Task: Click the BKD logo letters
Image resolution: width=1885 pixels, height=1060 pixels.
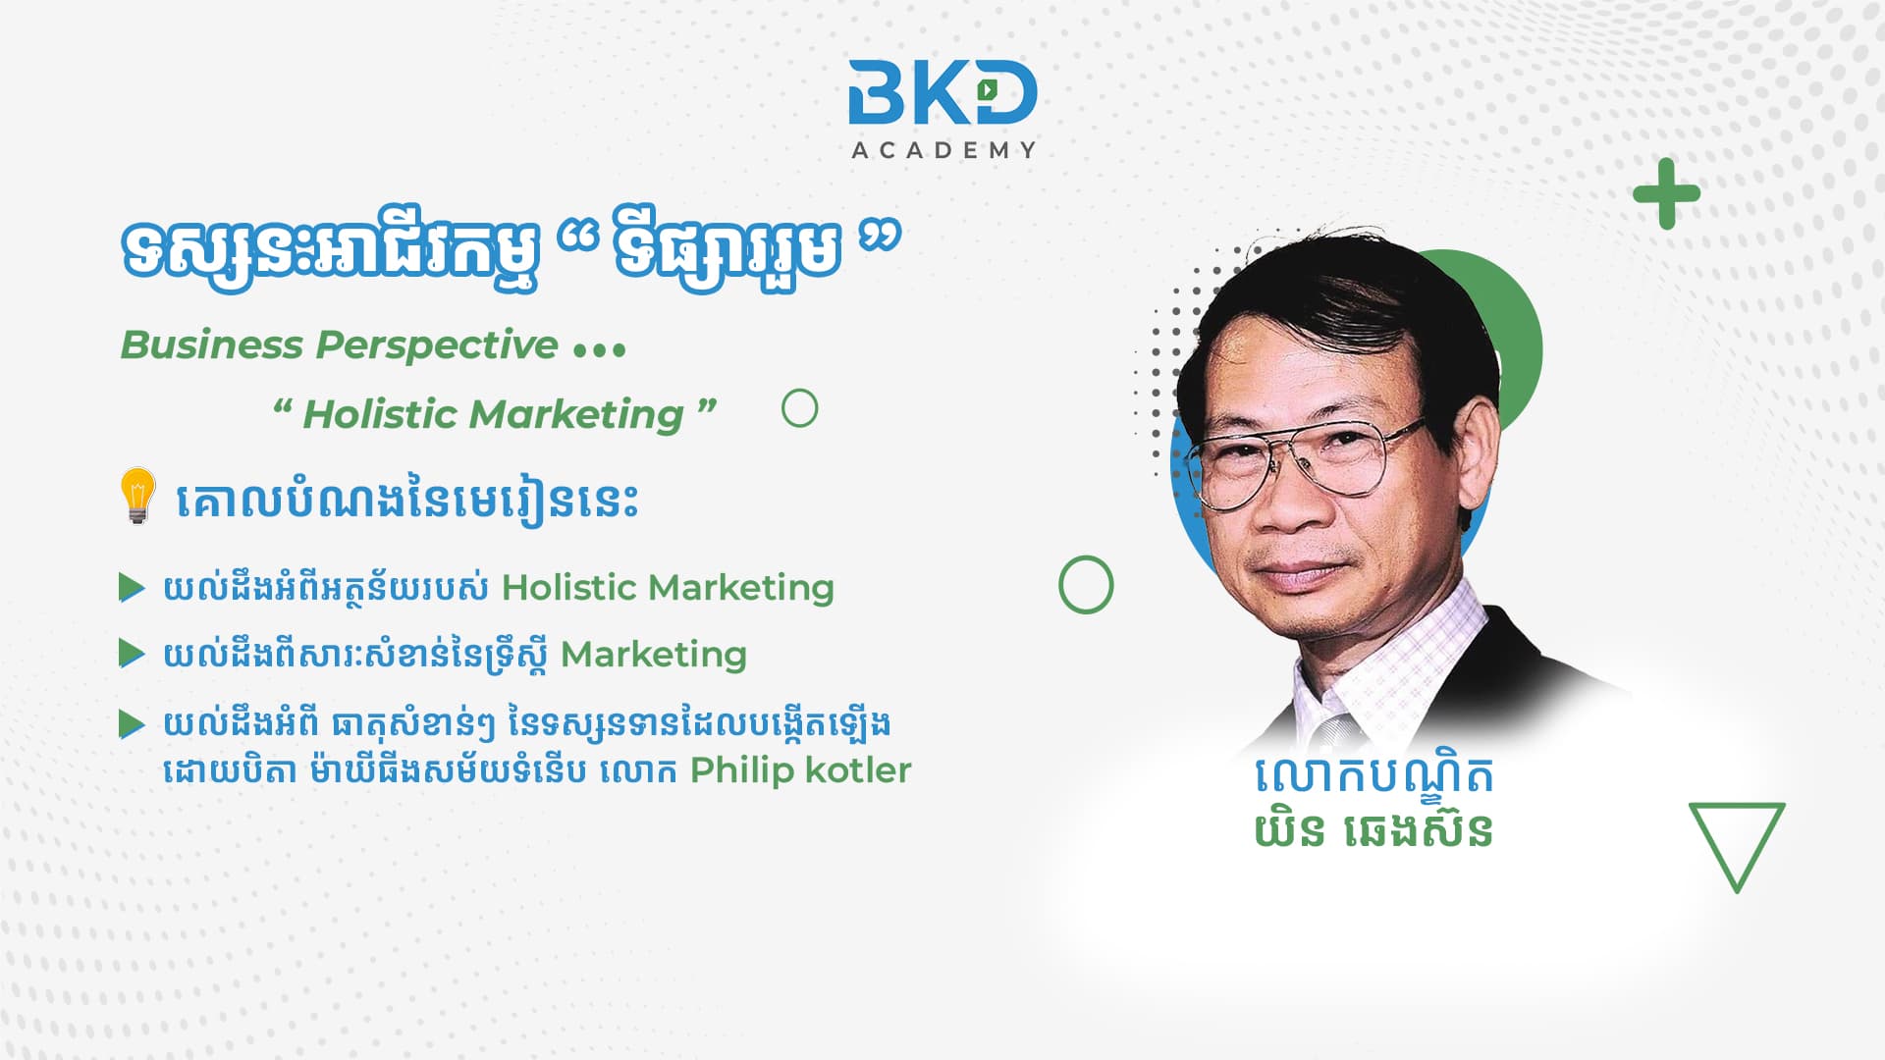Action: [942, 92]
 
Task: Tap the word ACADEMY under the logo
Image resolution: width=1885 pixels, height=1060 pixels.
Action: [943, 150]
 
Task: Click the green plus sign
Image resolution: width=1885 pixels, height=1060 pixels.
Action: [1666, 193]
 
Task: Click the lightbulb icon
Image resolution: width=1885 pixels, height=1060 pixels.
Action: [137, 496]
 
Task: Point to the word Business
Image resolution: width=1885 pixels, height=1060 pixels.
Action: [212, 345]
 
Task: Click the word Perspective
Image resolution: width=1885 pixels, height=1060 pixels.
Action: [437, 345]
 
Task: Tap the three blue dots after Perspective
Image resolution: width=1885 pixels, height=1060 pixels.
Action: [599, 349]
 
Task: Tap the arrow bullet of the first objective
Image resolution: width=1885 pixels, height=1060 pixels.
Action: [132, 588]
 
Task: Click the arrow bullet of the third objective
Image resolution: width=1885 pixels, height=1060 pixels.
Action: [132, 724]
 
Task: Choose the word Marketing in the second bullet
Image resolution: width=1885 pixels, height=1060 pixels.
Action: [654, 655]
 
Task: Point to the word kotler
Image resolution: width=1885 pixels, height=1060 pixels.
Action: [858, 770]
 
